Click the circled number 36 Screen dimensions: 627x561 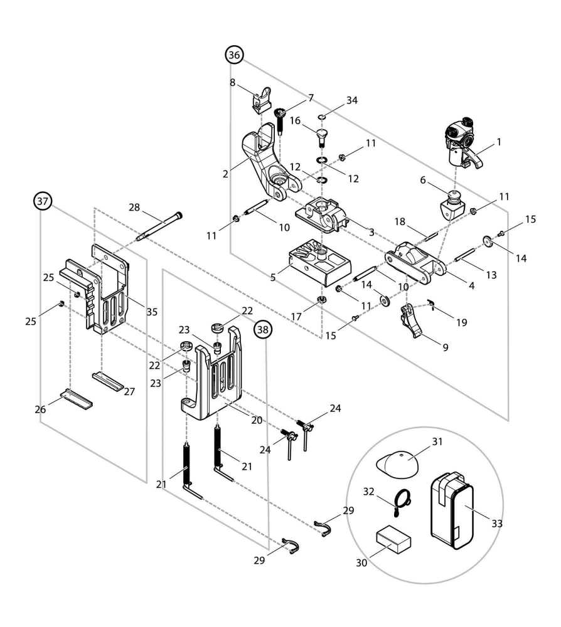click(234, 56)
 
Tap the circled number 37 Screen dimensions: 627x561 click(42, 202)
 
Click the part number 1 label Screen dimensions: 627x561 click(500, 142)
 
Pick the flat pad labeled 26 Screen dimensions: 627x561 click(77, 398)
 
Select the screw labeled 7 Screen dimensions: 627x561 click(280, 118)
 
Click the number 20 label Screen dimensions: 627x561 click(257, 420)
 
